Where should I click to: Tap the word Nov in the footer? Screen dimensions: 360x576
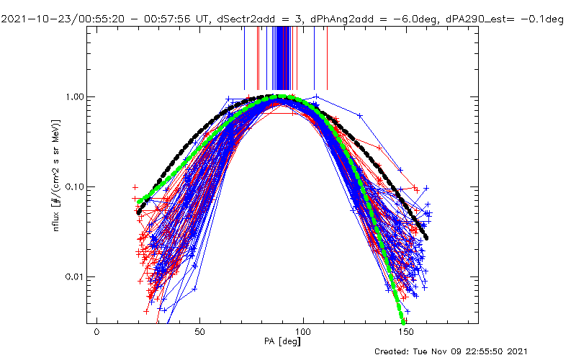click(x=458, y=351)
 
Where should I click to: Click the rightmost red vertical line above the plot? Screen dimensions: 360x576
click(x=328, y=58)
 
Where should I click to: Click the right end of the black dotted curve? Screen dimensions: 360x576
click(x=427, y=238)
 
